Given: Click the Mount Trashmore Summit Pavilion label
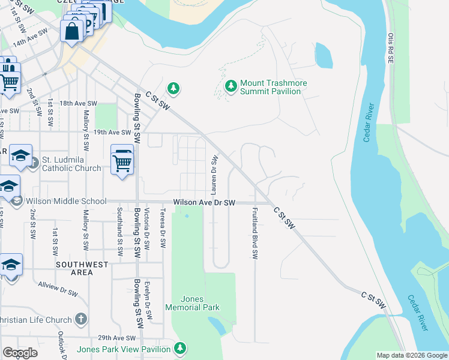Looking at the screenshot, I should point(270,87).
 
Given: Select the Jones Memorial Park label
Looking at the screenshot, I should point(200,303).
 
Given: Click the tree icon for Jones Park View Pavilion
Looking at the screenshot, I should point(179,349).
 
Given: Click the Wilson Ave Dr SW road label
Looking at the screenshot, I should point(204,203).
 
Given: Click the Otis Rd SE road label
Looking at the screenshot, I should point(390,48).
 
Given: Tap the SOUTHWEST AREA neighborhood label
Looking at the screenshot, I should point(83,268).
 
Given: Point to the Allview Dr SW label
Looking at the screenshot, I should point(58,289).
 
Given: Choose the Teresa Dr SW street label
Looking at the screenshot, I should point(163,228).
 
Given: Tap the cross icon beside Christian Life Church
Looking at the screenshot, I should point(81,320).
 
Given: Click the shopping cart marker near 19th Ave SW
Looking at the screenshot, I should point(122,160).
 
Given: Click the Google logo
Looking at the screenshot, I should point(20,353).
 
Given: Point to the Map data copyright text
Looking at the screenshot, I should point(412,355).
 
